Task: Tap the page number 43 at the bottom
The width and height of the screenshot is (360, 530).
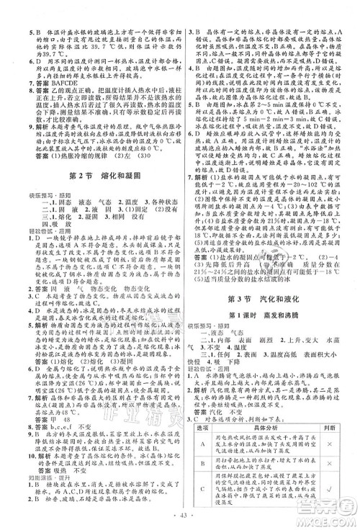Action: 180,521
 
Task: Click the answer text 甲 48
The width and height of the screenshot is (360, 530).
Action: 48,420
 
